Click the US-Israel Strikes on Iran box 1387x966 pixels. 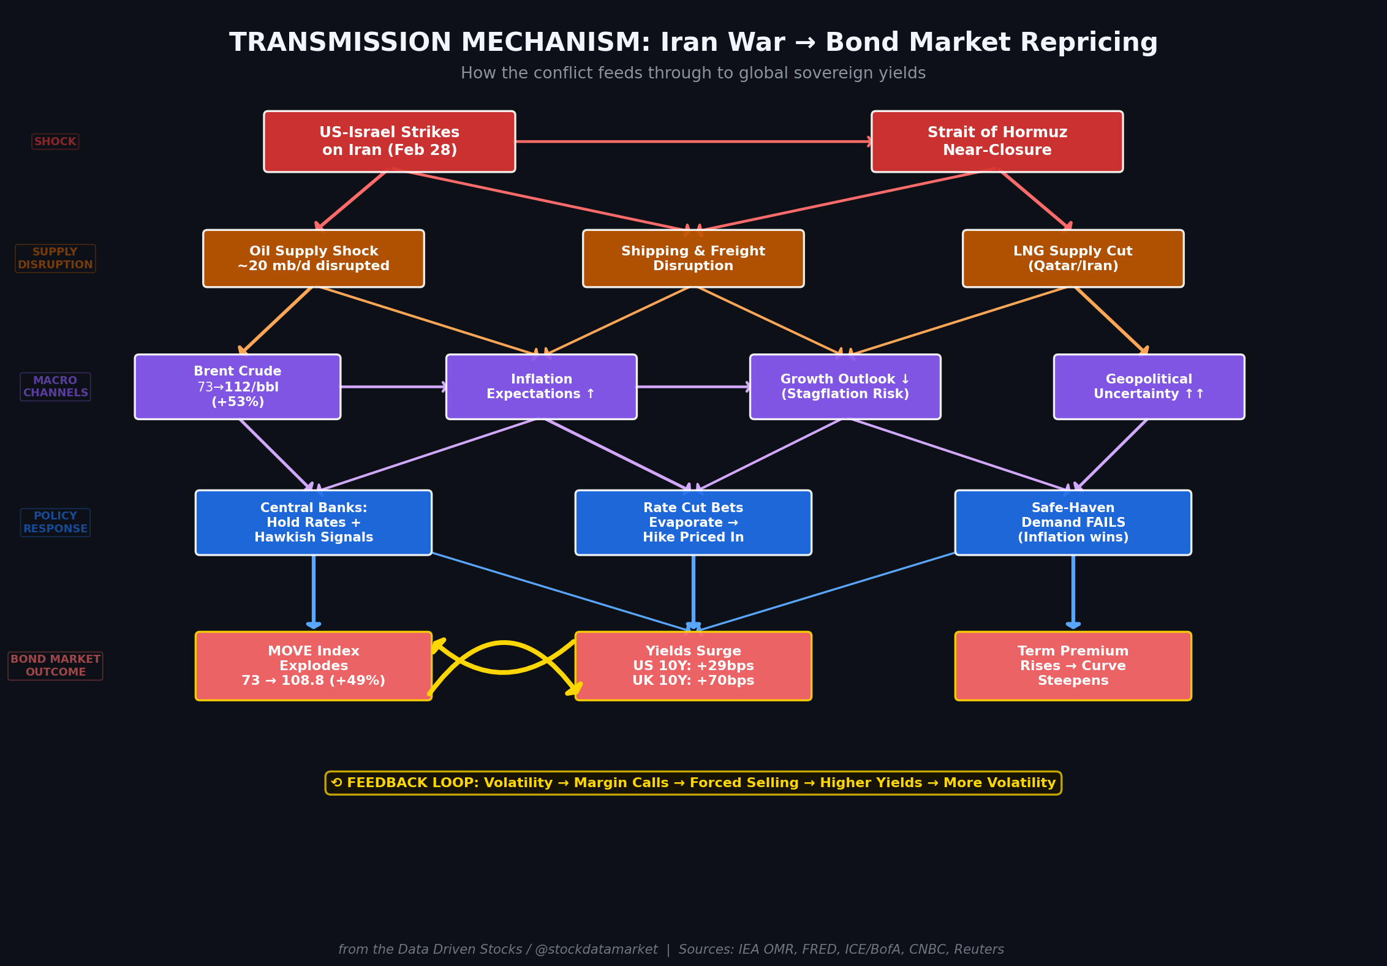click(x=390, y=142)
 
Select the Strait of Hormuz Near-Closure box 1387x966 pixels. click(x=997, y=142)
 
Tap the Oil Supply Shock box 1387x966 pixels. click(x=314, y=258)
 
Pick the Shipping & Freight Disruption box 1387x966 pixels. click(x=693, y=258)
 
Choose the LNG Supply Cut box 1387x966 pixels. click(x=1073, y=258)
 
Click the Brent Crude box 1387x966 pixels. click(x=238, y=387)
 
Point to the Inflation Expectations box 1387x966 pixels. click(x=541, y=387)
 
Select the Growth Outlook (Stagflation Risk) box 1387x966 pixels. click(x=845, y=387)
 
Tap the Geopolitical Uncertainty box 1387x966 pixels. click(x=1149, y=387)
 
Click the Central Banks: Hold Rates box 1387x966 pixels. click(x=314, y=523)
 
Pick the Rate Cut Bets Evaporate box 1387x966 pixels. click(x=693, y=523)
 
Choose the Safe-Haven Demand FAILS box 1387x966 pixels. click(x=1073, y=523)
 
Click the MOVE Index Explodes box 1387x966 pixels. click(x=314, y=666)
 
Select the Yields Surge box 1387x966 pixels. click(x=693, y=666)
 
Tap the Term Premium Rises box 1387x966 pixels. click(x=1073, y=666)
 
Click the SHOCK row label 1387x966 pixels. click(x=55, y=142)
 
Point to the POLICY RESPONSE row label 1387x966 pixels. click(x=55, y=523)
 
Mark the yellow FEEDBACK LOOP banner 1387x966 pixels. click(x=693, y=783)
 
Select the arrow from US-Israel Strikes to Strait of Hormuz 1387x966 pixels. click(x=693, y=142)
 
